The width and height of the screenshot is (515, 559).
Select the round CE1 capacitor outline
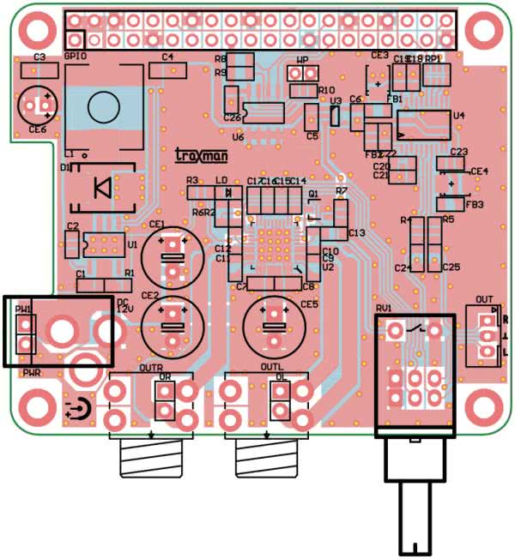pyautogui.click(x=173, y=254)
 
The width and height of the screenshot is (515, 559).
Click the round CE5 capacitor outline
pyautogui.click(x=275, y=324)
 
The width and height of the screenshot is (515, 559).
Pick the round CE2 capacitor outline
pyautogui.click(x=173, y=324)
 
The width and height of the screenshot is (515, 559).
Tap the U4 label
pyautogui.click(x=458, y=115)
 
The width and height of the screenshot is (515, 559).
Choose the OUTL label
pyautogui.click(x=271, y=368)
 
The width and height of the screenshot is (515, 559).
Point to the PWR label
pyautogui.click(x=33, y=373)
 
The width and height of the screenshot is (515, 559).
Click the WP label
pyautogui.click(x=302, y=59)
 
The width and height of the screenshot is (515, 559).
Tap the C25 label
pyautogui.click(x=451, y=267)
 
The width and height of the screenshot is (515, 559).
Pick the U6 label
pyautogui.click(x=238, y=136)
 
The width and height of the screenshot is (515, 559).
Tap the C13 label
pyautogui.click(x=357, y=233)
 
